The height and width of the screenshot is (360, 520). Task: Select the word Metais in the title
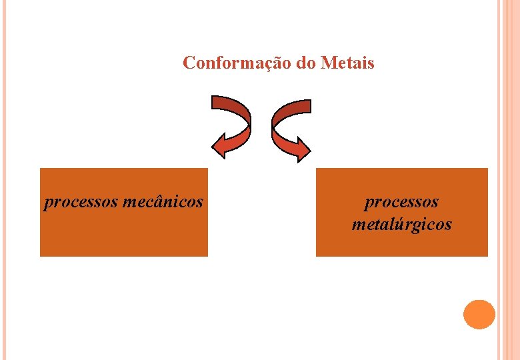point(347,63)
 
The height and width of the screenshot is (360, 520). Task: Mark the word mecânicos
point(163,201)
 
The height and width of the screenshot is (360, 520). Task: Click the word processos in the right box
point(401,201)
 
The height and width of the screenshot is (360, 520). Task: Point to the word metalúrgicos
point(401,224)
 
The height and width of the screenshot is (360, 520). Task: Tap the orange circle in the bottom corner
point(479,314)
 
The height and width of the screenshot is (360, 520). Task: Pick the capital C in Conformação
point(189,63)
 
